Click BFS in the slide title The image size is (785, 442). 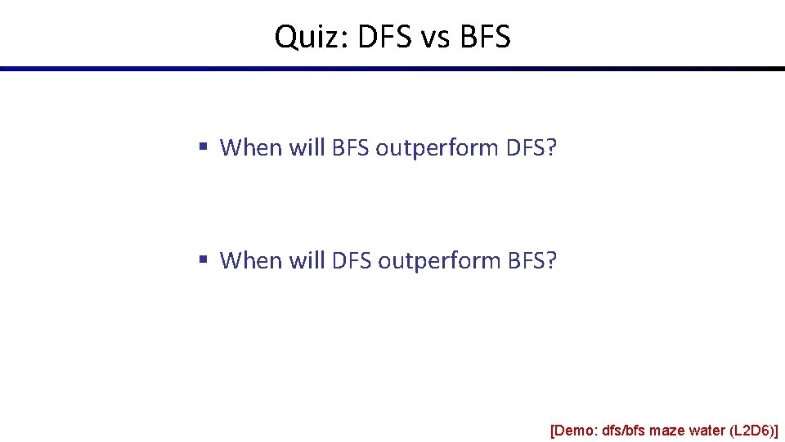coord(485,37)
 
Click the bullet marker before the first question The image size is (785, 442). coord(202,147)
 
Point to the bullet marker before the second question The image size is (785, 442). coord(202,260)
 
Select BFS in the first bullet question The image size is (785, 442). coord(351,148)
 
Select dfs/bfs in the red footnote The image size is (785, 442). coord(624,431)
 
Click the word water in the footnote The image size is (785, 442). coord(706,431)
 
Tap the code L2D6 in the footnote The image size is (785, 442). coord(752,431)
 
